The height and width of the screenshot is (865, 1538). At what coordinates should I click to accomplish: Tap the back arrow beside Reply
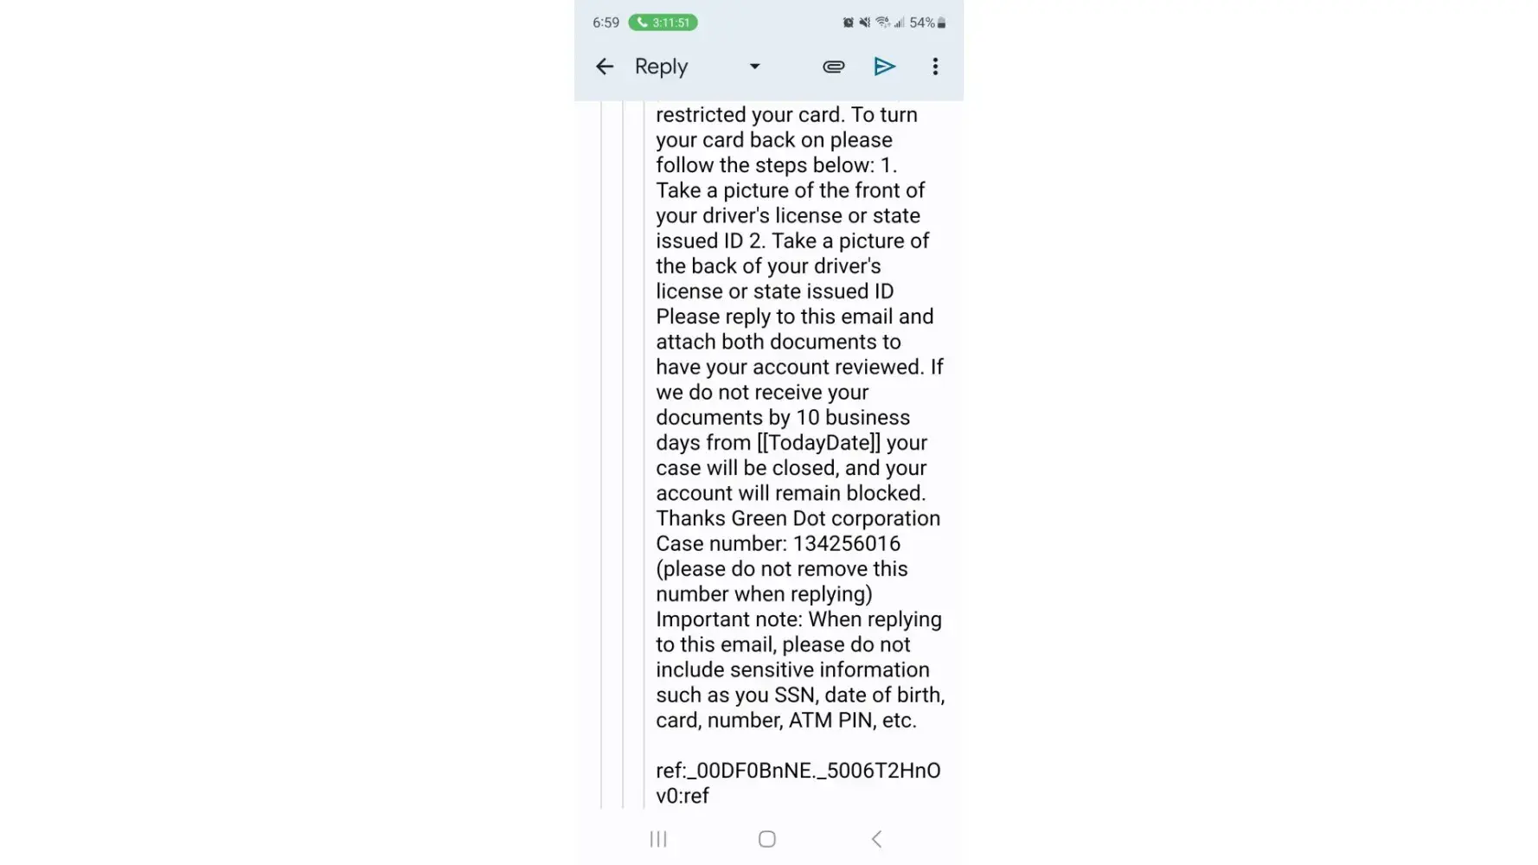click(605, 67)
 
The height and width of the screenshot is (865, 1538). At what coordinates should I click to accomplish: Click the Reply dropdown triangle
click(754, 67)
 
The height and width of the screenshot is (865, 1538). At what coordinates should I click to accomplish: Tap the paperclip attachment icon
click(833, 67)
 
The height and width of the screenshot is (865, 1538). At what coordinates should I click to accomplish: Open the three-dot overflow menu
click(935, 67)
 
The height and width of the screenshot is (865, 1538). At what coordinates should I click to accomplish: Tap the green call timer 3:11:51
click(663, 22)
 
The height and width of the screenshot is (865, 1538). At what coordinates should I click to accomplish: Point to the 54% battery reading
click(922, 22)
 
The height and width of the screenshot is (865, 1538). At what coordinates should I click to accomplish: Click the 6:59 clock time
click(606, 22)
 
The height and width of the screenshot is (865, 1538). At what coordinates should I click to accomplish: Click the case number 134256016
click(846, 543)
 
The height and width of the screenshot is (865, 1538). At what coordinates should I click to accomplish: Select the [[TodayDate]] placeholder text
click(818, 443)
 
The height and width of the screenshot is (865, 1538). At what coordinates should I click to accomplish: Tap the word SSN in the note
click(793, 695)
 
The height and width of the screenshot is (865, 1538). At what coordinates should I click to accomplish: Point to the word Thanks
click(690, 518)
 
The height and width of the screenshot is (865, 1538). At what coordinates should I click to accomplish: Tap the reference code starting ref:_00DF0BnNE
click(798, 771)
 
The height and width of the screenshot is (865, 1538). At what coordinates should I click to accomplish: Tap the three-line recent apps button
click(658, 839)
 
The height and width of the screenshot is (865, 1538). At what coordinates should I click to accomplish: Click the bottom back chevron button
click(876, 839)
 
